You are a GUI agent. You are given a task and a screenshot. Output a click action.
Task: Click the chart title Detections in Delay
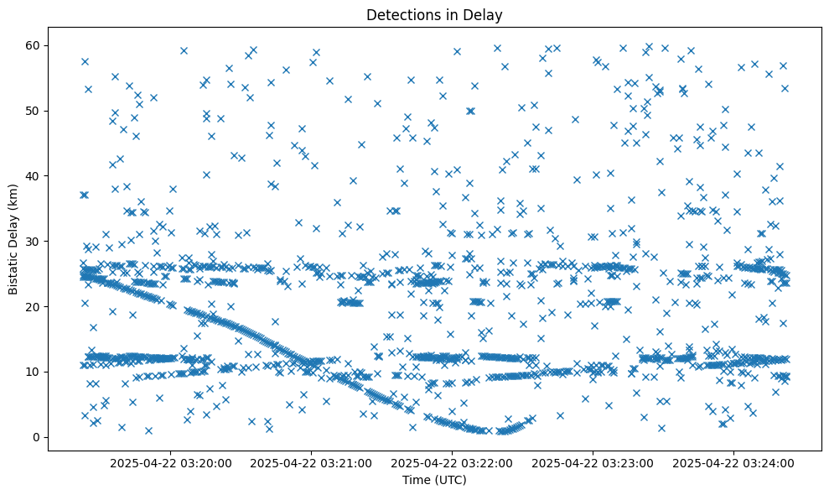(435, 15)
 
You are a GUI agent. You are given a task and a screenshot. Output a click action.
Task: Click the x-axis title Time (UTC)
(435, 480)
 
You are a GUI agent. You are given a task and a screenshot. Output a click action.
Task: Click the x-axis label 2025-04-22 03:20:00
(170, 462)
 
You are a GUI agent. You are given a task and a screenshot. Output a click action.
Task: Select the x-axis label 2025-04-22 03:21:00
(312, 462)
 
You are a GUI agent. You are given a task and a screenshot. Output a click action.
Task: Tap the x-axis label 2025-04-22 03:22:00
(453, 462)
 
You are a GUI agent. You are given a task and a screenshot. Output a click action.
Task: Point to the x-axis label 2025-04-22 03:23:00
(593, 462)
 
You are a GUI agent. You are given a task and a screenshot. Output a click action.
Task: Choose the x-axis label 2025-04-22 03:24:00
(734, 462)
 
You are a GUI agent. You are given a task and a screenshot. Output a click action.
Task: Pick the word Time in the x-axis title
(417, 480)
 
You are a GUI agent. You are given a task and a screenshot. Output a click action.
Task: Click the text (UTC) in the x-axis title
(450, 480)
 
